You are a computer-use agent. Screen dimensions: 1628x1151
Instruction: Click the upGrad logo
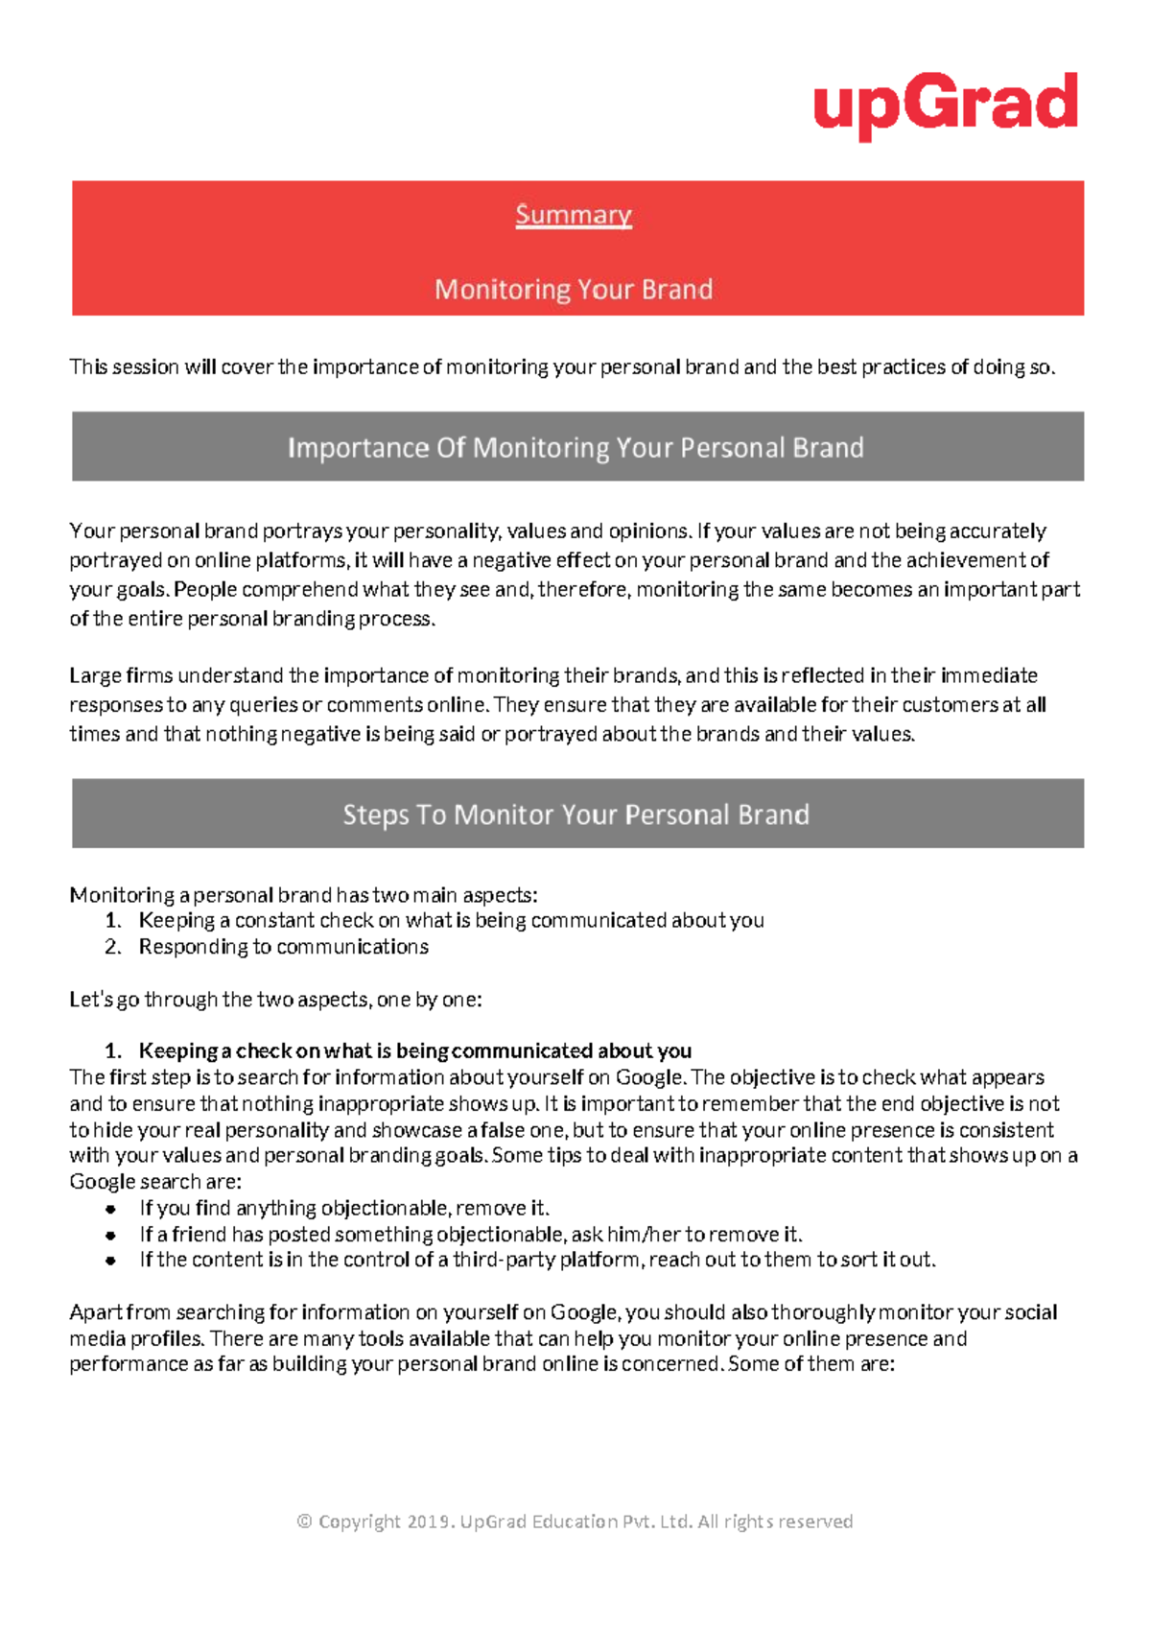tap(946, 105)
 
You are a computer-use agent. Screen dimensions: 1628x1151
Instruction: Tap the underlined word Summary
tap(574, 215)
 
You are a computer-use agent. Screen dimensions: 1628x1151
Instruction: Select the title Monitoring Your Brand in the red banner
tap(574, 290)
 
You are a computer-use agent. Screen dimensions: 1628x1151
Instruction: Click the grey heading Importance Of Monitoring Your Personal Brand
tap(575, 448)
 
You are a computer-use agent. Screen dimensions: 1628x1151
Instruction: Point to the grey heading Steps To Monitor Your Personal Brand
tap(575, 814)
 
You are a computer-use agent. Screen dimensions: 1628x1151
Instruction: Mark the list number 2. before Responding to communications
tap(113, 948)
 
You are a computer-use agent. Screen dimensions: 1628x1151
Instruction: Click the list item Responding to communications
tap(284, 948)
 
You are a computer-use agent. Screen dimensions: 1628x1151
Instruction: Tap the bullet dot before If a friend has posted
tap(111, 1236)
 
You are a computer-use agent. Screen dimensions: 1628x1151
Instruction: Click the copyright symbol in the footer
tap(305, 1522)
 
